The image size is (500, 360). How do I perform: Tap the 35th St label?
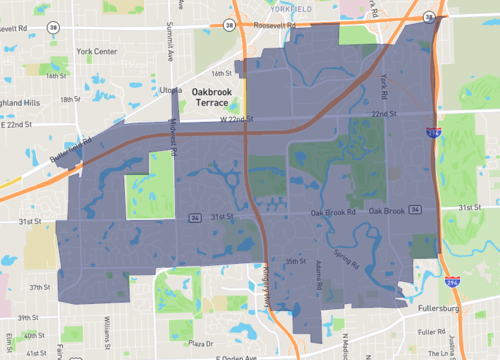click(293, 261)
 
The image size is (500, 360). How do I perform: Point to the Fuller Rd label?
click(433, 331)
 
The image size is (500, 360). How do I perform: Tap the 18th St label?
click(69, 99)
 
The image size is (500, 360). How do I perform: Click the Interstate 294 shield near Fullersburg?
click(453, 284)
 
